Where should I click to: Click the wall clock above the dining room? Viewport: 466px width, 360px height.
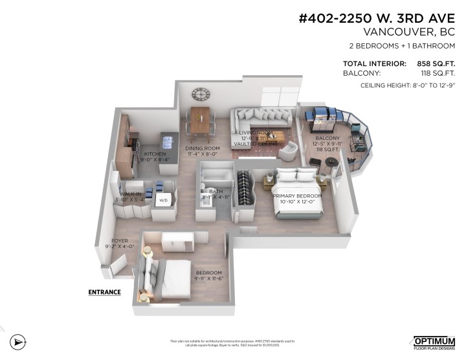(200, 95)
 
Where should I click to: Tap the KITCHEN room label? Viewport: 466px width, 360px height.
(155, 153)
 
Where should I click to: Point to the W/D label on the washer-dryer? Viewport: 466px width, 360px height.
(163, 201)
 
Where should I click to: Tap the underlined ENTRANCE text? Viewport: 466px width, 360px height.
(104, 292)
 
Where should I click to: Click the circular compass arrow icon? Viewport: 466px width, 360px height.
(19, 341)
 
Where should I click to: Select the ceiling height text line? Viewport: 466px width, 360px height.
(405, 86)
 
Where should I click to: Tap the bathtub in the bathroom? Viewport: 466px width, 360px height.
(214, 175)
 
